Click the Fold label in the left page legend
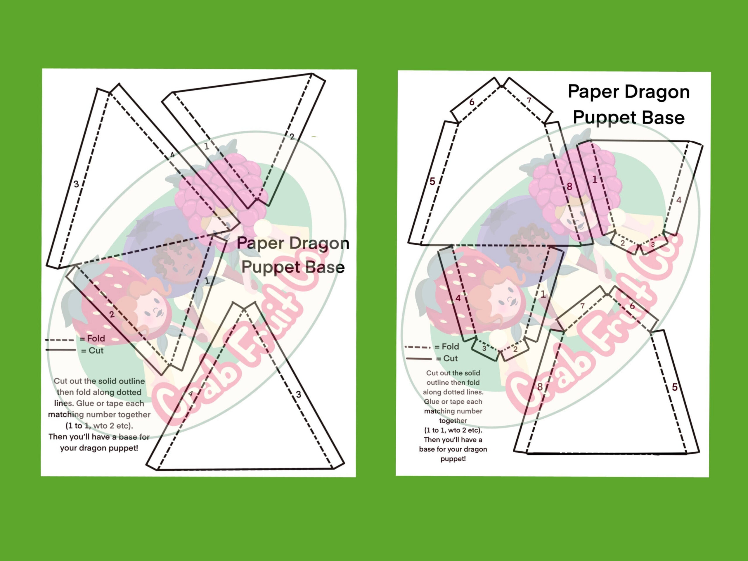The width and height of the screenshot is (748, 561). pyautogui.click(x=96, y=338)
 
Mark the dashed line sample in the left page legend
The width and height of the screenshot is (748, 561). pyautogui.click(x=60, y=339)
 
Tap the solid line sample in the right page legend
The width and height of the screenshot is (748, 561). pyautogui.click(x=419, y=358)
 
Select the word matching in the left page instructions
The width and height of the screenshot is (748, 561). pyautogui.click(x=66, y=415)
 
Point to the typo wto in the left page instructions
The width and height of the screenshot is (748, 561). pyautogui.click(x=100, y=426)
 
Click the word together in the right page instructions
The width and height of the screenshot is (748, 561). pyautogui.click(x=453, y=421)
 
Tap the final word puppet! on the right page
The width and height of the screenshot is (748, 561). pyautogui.click(x=453, y=459)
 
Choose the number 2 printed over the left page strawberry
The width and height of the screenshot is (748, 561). pyautogui.click(x=112, y=315)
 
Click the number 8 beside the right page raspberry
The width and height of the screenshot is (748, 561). pyautogui.click(x=569, y=186)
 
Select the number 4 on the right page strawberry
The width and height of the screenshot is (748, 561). pyautogui.click(x=458, y=298)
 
